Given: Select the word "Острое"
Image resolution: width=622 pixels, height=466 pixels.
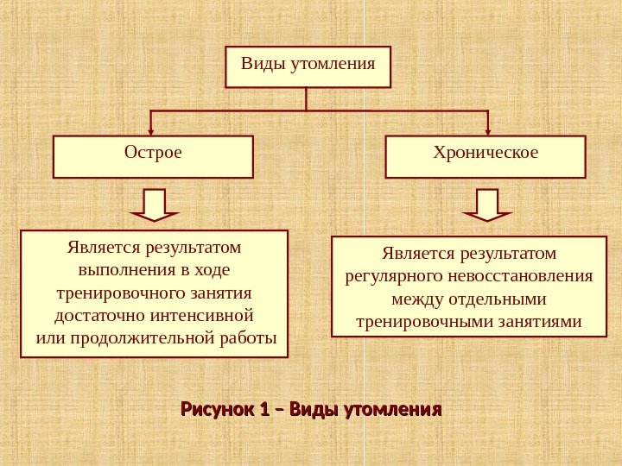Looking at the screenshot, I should pyautogui.click(x=153, y=153).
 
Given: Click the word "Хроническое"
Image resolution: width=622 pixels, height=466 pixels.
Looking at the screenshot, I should pyautogui.click(x=486, y=153).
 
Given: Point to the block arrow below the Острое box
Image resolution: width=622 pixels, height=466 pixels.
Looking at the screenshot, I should pyautogui.click(x=154, y=205).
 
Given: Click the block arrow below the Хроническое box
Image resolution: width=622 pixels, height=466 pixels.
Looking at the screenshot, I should pyautogui.click(x=487, y=205).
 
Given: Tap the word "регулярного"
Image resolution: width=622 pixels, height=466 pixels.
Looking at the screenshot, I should pyautogui.click(x=394, y=277).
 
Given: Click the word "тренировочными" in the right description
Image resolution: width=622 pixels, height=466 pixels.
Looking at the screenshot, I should pyautogui.click(x=413, y=322).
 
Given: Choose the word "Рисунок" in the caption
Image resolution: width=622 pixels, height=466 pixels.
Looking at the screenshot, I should pyautogui.click(x=215, y=407).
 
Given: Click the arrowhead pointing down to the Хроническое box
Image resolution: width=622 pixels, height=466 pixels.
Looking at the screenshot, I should pyautogui.click(x=487, y=130).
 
